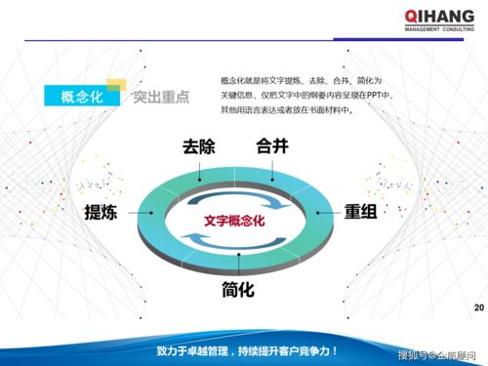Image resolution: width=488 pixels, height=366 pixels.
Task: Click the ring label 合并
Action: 272,148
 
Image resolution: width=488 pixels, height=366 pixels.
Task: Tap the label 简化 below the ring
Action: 238,290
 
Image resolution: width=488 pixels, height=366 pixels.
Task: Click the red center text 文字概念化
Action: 235,221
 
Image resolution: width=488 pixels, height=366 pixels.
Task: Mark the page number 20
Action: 477,309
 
